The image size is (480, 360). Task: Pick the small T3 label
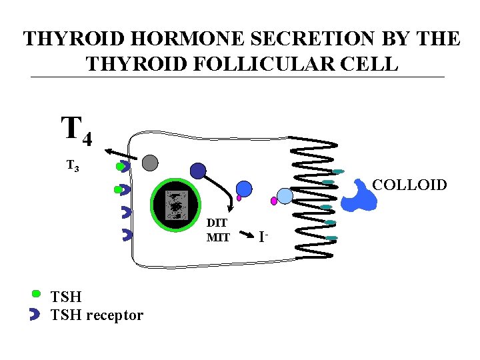pyautogui.click(x=73, y=165)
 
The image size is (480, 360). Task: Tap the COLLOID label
pyautogui.click(x=409, y=185)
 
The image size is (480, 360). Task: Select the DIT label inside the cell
pyautogui.click(x=217, y=223)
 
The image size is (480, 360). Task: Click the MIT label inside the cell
pyautogui.click(x=218, y=237)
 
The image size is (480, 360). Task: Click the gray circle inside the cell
pyautogui.click(x=150, y=163)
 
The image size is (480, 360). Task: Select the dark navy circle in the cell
pyautogui.click(x=197, y=171)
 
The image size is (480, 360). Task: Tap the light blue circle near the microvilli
pyautogui.click(x=285, y=195)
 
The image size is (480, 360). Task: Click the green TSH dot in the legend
pyautogui.click(x=37, y=293)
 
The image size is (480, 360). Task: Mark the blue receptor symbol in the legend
pyautogui.click(x=35, y=315)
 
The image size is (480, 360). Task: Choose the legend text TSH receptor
pyautogui.click(x=97, y=315)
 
